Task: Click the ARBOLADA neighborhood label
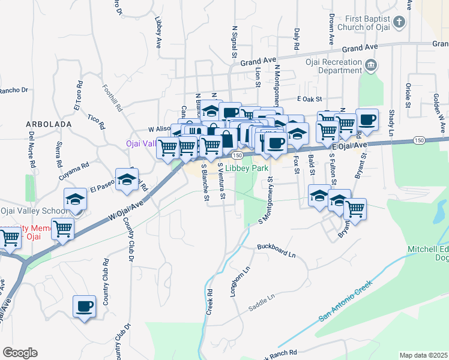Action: tap(49, 124)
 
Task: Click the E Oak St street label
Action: tap(309, 98)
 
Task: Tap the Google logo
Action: tap(20, 353)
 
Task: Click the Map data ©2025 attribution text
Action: tap(424, 355)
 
